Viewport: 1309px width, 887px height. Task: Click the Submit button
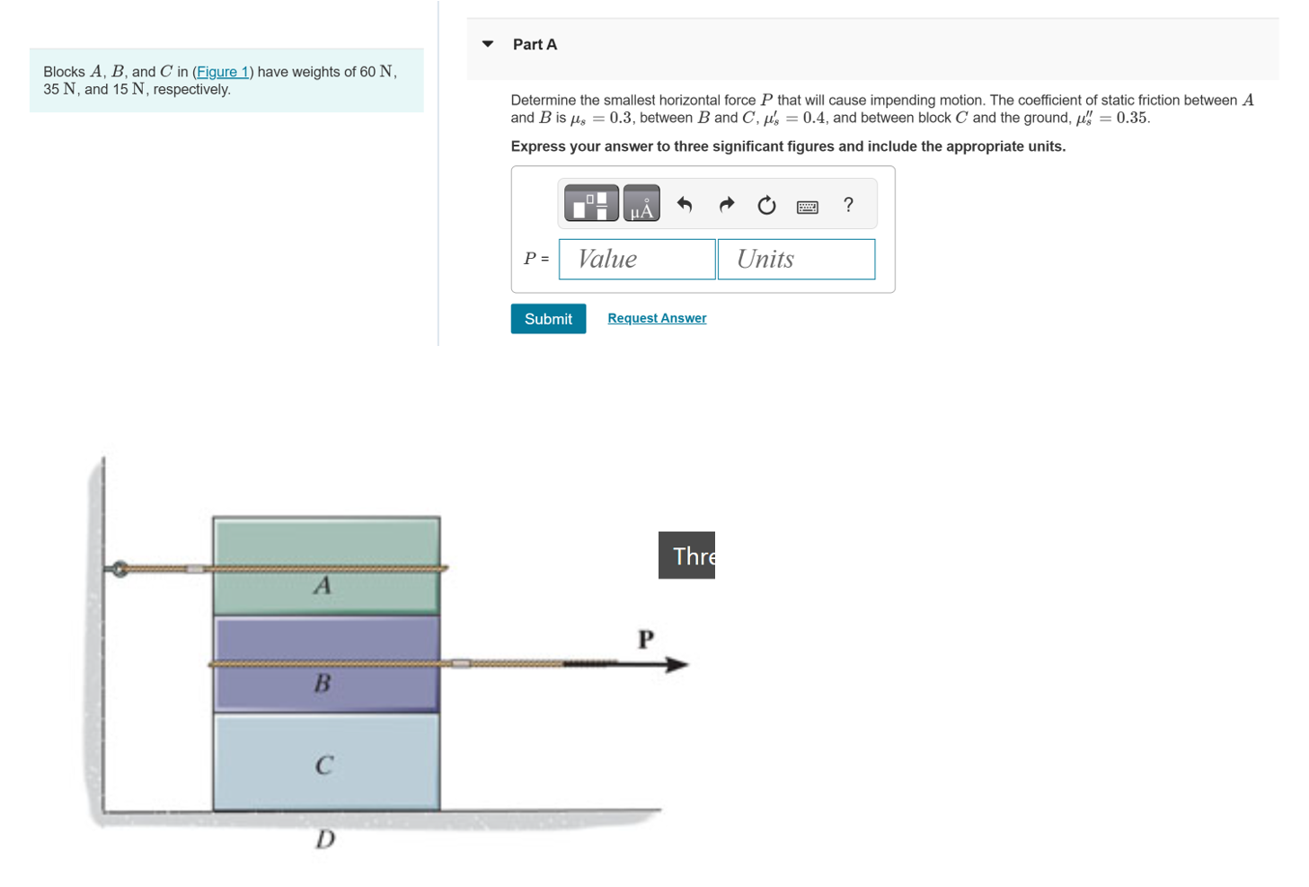pyautogui.click(x=547, y=319)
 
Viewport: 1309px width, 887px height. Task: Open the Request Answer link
pyautogui.click(x=656, y=318)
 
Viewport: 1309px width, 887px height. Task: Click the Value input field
pyautogui.click(x=636, y=259)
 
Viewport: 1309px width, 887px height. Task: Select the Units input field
pyautogui.click(x=795, y=259)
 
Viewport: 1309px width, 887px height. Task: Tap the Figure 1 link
pyautogui.click(x=223, y=72)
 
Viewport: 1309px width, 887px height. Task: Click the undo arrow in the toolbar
pyautogui.click(x=685, y=205)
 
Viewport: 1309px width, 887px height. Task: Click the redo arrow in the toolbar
pyautogui.click(x=726, y=205)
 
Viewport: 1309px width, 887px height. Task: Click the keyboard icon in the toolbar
pyautogui.click(x=807, y=207)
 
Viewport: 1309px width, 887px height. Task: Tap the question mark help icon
pyautogui.click(x=847, y=205)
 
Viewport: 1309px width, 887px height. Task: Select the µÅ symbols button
pyautogui.click(x=641, y=204)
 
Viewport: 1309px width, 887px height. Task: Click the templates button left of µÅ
pyautogui.click(x=591, y=204)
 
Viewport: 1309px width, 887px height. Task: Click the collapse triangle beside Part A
pyautogui.click(x=488, y=44)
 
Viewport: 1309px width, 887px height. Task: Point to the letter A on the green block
pyautogui.click(x=323, y=586)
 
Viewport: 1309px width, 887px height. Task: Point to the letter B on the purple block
pyautogui.click(x=322, y=684)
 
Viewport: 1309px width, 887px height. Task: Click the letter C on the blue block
pyautogui.click(x=323, y=766)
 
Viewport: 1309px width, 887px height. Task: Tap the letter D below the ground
pyautogui.click(x=324, y=839)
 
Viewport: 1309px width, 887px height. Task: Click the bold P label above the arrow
pyautogui.click(x=645, y=639)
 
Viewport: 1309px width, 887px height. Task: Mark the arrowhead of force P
pyautogui.click(x=677, y=664)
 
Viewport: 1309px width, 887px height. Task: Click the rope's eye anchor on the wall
pyautogui.click(x=119, y=569)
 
